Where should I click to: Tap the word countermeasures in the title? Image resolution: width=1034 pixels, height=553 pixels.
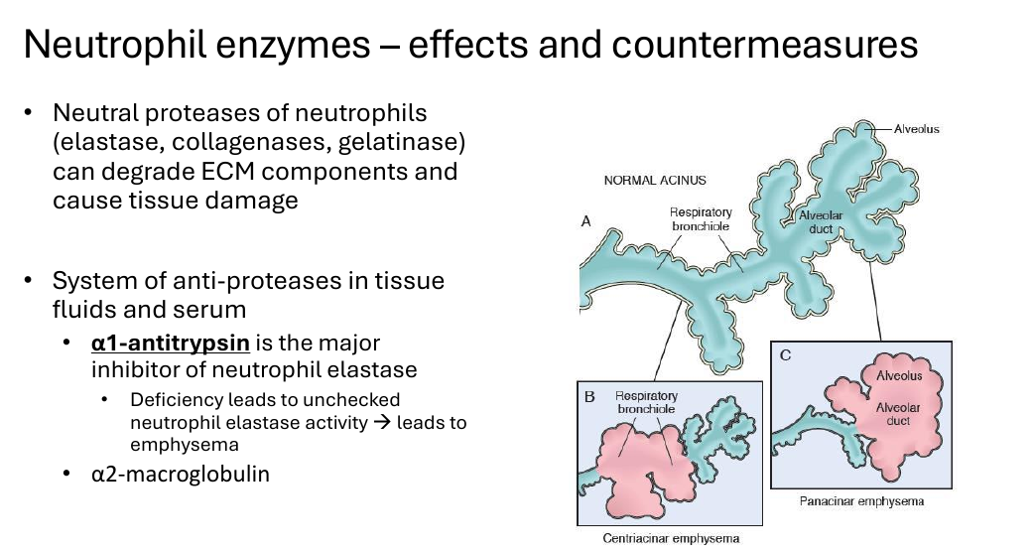764,45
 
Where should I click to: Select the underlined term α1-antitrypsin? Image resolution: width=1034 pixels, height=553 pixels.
171,344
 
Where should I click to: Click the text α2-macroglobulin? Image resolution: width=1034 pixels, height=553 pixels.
181,474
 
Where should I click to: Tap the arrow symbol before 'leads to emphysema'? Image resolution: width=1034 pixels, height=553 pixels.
382,422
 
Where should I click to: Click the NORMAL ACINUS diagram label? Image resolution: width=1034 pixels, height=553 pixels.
655,180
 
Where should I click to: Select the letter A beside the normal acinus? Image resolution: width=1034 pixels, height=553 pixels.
585,221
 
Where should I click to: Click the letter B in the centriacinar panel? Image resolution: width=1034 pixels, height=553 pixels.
589,396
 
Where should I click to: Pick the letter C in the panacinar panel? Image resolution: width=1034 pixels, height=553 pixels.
785,355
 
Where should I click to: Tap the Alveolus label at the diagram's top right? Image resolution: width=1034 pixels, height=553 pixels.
917,129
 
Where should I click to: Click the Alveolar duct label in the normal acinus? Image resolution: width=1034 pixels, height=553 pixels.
821,222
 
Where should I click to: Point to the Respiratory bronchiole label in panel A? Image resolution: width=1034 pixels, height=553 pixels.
701,219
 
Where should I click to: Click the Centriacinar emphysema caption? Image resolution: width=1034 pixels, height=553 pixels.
672,538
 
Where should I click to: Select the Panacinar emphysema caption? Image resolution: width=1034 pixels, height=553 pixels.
862,501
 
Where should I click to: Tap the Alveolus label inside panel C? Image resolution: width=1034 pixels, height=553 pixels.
899,376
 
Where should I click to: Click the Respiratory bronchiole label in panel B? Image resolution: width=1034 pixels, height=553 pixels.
646,402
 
